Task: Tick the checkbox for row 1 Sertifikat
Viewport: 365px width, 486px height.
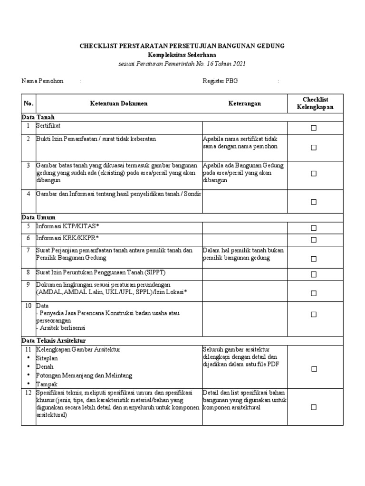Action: pyautogui.click(x=313, y=128)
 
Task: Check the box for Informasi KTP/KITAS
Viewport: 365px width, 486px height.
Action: pyautogui.click(x=313, y=228)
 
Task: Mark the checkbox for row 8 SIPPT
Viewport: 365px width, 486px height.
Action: pyautogui.click(x=313, y=274)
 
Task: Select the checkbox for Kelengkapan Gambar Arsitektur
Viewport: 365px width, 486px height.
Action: pyautogui.click(x=313, y=369)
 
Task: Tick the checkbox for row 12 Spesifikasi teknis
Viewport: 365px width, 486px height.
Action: pyautogui.click(x=313, y=407)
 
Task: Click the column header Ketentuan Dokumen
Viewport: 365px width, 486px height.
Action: pyautogui.click(x=119, y=103)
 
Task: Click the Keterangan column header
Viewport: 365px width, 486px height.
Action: pyautogui.click(x=244, y=103)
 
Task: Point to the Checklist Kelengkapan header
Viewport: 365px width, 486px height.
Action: pyautogui.click(x=315, y=103)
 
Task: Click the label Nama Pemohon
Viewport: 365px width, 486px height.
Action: pyautogui.click(x=42, y=81)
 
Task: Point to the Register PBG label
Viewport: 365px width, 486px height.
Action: pyautogui.click(x=220, y=81)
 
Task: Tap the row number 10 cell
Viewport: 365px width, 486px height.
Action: pyautogui.click(x=28, y=306)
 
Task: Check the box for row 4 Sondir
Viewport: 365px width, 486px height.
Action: pyautogui.click(x=313, y=202)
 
